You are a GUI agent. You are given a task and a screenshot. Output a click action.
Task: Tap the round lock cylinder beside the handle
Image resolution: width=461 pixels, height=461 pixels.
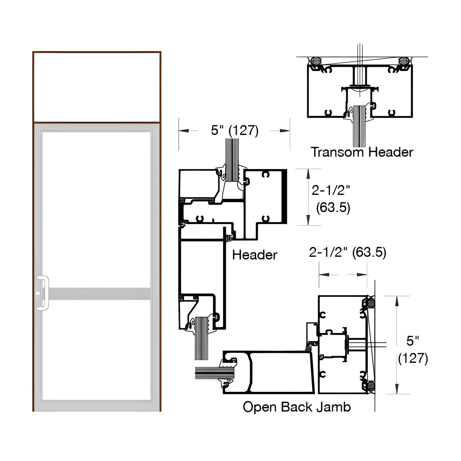pos(38,293)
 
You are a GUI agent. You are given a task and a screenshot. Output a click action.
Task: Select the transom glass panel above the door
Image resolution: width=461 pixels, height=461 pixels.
pos(96,87)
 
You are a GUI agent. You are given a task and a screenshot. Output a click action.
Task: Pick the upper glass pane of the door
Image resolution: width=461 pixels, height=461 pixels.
pos(96,209)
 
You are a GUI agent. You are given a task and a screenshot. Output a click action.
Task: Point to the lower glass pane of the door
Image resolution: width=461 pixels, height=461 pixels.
pos(96,349)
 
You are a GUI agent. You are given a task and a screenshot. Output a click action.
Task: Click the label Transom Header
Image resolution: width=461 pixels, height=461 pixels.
pos(362,152)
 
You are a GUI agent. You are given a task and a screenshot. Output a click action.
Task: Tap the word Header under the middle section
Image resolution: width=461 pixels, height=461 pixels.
pos(255,255)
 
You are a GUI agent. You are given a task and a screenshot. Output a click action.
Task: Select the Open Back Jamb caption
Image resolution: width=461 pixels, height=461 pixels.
pos(297,407)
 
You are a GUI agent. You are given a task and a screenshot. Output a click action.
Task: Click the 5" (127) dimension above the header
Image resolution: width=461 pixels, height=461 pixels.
pos(234,130)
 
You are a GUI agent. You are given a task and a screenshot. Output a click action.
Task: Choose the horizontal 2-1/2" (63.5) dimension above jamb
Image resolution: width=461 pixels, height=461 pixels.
pos(347,253)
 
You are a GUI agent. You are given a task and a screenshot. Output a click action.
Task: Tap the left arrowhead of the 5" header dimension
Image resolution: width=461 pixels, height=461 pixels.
pos(183,131)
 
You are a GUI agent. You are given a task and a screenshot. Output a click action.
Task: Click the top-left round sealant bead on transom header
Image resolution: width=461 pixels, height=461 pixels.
pos(316,61)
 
